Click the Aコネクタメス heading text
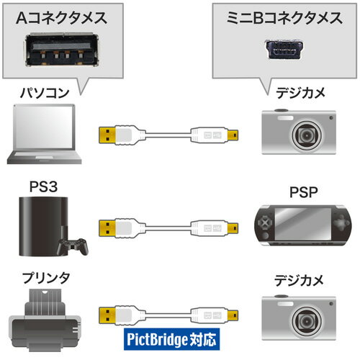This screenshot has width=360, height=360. pos(61,18)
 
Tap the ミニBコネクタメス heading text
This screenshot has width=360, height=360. pos(284,18)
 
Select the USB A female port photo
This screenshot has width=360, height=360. pos(62,50)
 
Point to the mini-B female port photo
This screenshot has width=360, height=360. pos(284,50)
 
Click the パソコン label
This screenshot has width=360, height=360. pos(45,93)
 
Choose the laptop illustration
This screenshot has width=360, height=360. pos(45,134)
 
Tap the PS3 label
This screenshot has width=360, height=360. pos(43,186)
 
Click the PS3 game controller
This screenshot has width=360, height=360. pos(73,246)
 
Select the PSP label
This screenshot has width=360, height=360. pos(304,192)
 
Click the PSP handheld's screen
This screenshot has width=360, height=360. pos(303,224)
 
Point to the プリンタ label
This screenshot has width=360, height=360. pos(46,278)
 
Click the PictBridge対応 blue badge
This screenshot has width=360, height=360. pos(171,339)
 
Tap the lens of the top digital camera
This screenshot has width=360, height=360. pos(307,135)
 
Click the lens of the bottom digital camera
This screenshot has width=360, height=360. pos(307,321)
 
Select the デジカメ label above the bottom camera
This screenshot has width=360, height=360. pos(300,280)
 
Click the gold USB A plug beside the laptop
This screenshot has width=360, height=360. pos(107,135)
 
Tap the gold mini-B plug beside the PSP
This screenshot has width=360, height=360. pos(233,228)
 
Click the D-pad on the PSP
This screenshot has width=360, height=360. pos(264,223)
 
